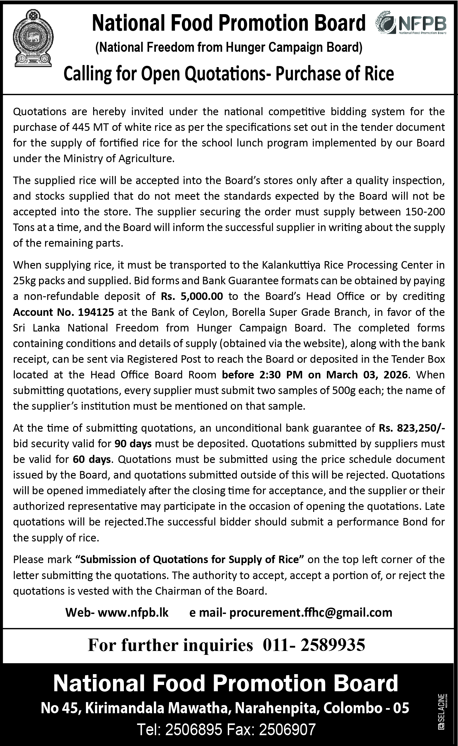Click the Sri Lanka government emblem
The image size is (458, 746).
click(33, 38)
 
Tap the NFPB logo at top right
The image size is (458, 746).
click(411, 23)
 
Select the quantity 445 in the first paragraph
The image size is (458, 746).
click(81, 127)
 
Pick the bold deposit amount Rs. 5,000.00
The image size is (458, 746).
click(192, 296)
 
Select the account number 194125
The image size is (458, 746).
click(96, 312)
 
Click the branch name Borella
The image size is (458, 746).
click(249, 312)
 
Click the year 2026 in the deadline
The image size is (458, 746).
click(395, 375)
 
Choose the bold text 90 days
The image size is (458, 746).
click(133, 443)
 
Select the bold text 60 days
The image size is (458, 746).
click(92, 459)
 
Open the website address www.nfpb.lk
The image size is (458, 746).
click(133, 612)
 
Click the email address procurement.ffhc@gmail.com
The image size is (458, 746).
click(311, 612)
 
